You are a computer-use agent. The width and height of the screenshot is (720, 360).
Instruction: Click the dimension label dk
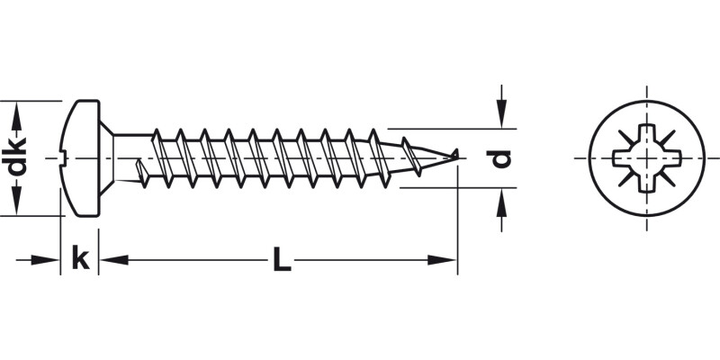16,158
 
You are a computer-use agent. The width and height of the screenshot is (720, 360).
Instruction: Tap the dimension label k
80,259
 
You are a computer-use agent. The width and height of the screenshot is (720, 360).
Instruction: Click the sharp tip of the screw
456,155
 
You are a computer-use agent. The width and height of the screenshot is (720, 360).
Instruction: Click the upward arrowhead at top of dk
16,110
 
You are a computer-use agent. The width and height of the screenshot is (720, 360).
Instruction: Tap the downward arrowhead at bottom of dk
16,206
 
